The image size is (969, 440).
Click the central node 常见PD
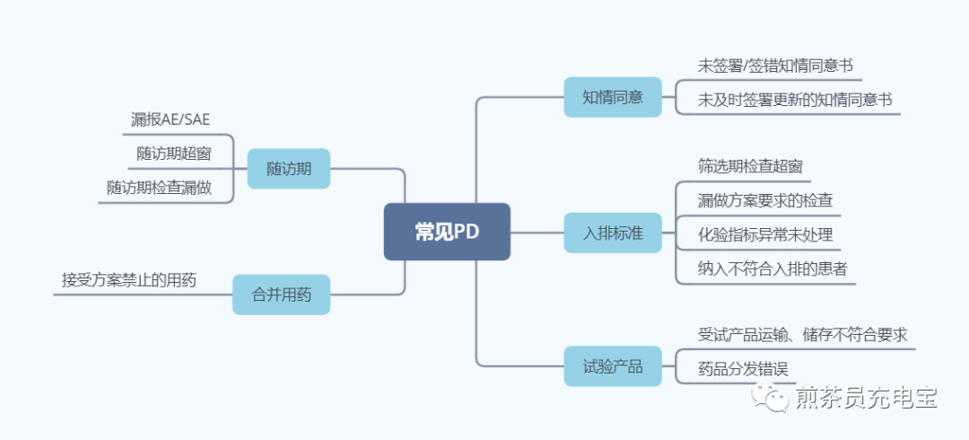click(x=447, y=232)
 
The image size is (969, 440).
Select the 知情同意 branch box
click(x=612, y=97)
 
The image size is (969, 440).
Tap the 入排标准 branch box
click(x=612, y=232)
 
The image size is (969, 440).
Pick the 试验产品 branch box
click(x=612, y=366)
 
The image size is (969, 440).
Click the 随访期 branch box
click(x=289, y=168)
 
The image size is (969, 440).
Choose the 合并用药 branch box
click(x=281, y=295)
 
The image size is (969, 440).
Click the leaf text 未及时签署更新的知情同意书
click(x=795, y=101)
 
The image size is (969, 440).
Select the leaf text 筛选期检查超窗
click(x=750, y=166)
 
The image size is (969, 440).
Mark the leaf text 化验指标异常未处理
click(x=765, y=235)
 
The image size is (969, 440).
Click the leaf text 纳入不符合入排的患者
click(x=773, y=268)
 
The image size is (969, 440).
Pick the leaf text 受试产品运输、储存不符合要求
click(x=803, y=335)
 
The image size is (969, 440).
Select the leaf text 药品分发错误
click(x=744, y=368)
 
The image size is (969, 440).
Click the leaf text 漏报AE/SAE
click(x=170, y=119)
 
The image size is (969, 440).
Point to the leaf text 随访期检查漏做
click(x=160, y=188)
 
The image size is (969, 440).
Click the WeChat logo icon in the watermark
click(x=769, y=396)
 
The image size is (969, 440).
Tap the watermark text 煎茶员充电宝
click(x=866, y=397)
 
